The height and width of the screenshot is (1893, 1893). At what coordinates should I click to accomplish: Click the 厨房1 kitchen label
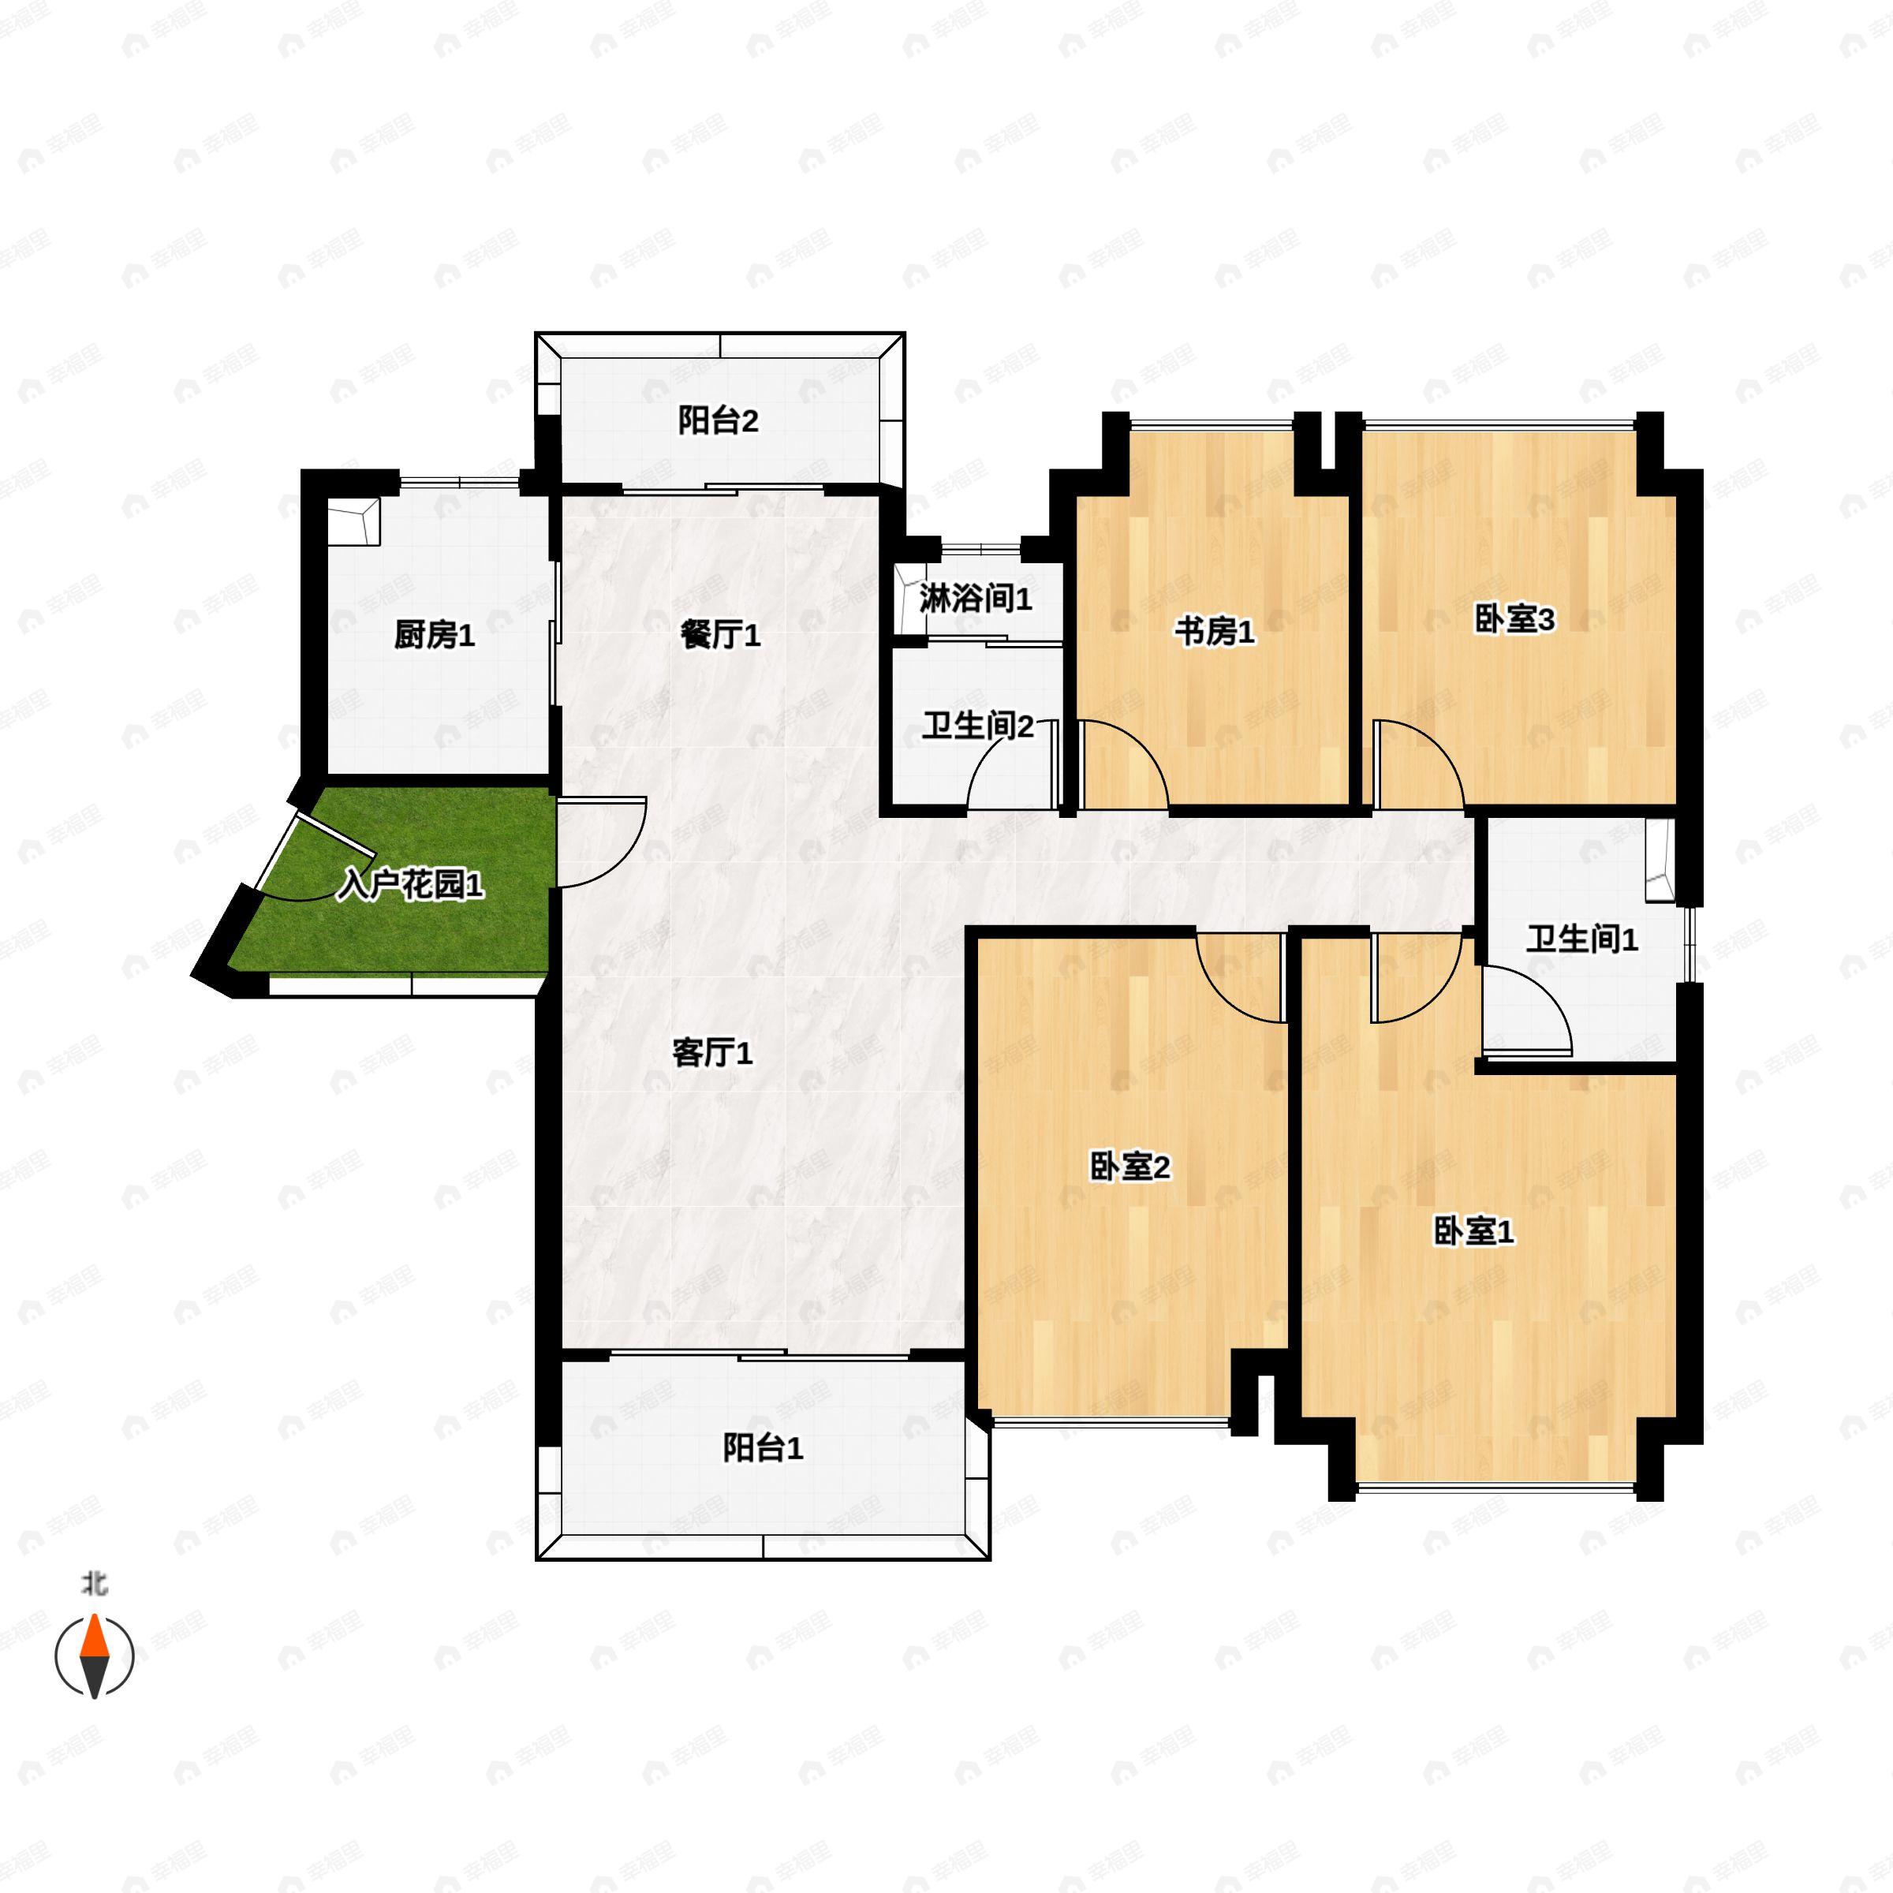(434, 636)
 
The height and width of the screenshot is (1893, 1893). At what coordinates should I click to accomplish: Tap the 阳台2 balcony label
(719, 421)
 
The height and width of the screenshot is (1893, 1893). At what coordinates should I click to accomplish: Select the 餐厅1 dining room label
(720, 636)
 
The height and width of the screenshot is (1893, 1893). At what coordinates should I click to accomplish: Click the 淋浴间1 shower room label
(975, 599)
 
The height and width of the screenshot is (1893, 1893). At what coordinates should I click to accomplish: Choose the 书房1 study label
(1214, 633)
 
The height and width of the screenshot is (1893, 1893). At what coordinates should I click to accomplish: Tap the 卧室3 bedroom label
(1514, 620)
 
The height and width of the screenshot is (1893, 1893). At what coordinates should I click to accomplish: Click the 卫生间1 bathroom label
(1581, 939)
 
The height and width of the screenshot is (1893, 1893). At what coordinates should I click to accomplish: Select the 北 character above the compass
(94, 1583)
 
